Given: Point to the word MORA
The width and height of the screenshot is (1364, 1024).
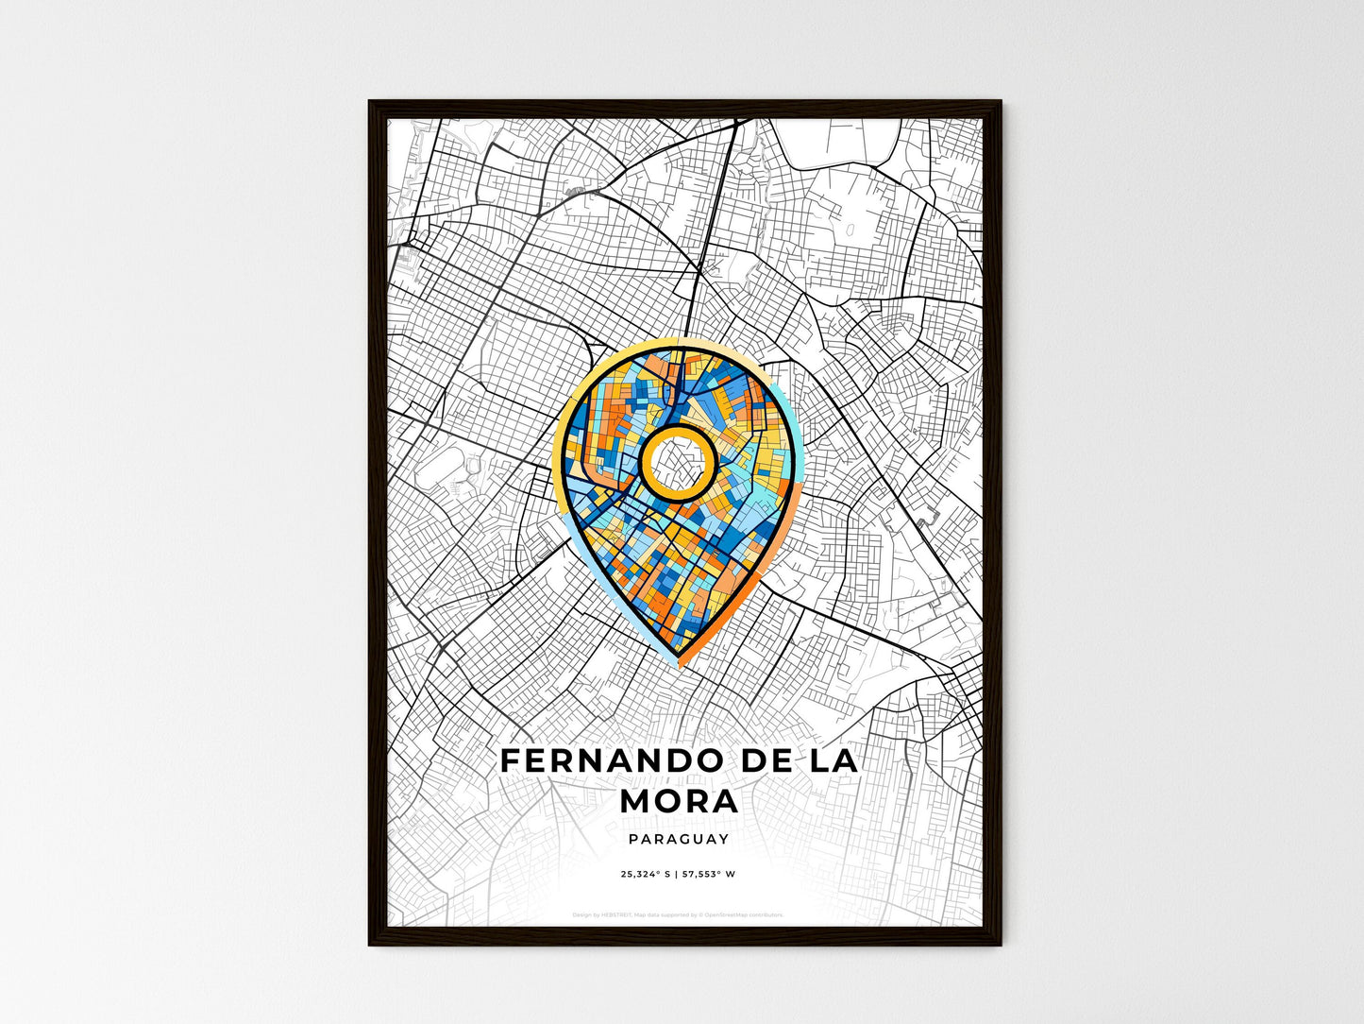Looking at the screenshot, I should (680, 801).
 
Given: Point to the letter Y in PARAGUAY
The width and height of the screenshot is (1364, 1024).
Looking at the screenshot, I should (723, 839).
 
